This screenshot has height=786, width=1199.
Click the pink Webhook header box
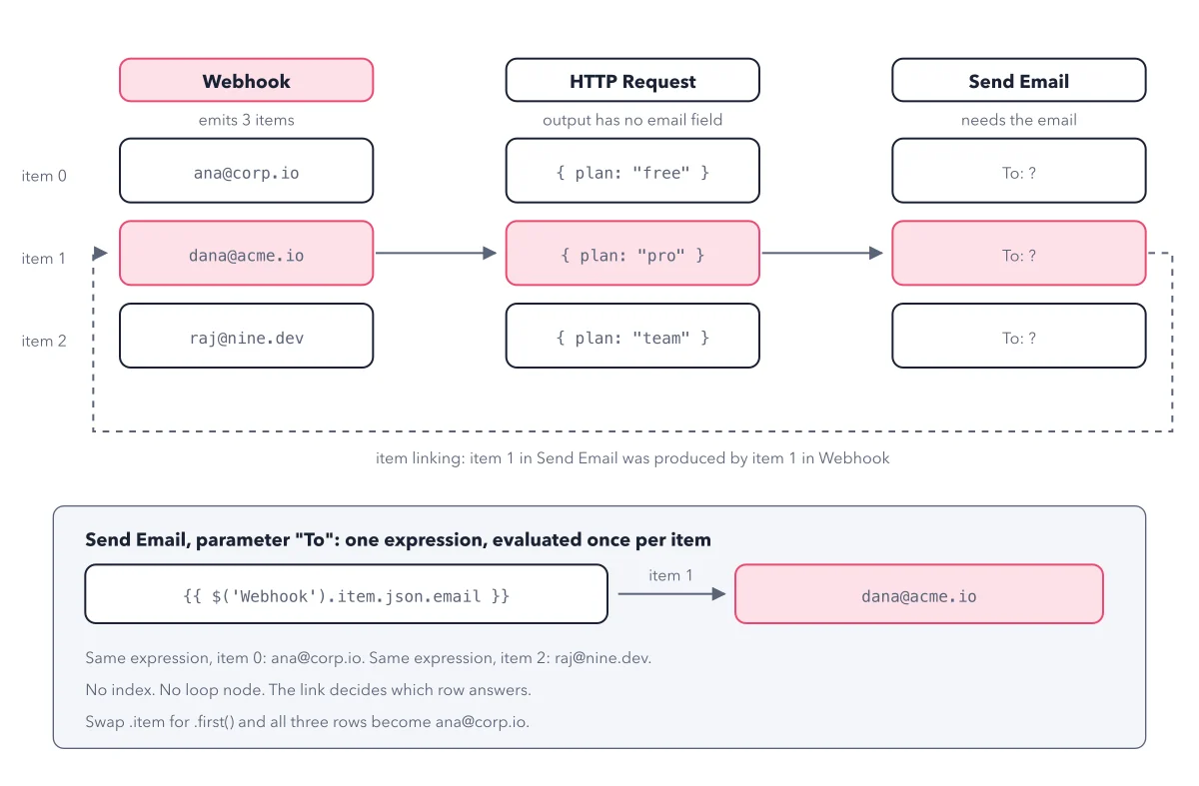tap(246, 80)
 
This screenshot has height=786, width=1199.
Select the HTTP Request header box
tap(632, 80)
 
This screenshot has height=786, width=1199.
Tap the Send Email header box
tap(1019, 80)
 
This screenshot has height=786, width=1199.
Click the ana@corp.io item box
tap(246, 171)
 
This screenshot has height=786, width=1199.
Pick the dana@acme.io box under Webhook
tap(246, 253)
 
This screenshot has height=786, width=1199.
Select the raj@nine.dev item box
tap(246, 336)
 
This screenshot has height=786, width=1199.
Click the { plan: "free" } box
tap(632, 171)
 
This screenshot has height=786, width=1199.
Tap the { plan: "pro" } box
tap(632, 253)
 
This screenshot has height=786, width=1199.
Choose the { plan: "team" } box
tap(632, 336)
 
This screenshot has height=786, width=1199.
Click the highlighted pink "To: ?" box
tap(1019, 253)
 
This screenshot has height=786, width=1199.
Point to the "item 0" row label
tap(44, 176)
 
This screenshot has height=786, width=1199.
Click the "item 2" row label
tap(44, 341)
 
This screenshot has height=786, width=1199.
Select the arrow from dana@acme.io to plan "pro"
tap(437, 253)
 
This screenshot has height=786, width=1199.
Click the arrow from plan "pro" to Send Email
tap(822, 253)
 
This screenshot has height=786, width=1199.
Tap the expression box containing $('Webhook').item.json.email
tap(347, 594)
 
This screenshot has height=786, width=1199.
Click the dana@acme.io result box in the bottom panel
tap(919, 594)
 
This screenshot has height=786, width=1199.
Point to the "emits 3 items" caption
tap(246, 120)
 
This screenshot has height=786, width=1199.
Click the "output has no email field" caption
tap(632, 120)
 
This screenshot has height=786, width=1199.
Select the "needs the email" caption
tap(1019, 120)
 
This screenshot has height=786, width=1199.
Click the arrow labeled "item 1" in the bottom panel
tap(671, 594)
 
